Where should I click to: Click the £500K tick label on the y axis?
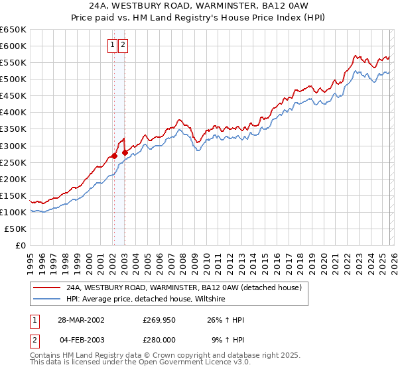coord(13,79)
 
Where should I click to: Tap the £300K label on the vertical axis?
coord(13,146)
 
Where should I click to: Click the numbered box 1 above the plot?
coord(112,46)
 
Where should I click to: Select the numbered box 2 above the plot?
coord(124,46)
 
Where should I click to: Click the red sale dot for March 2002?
coord(114,156)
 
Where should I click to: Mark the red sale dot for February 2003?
coord(125,152)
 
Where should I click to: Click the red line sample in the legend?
coord(46,288)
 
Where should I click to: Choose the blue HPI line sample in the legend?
coord(46,299)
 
